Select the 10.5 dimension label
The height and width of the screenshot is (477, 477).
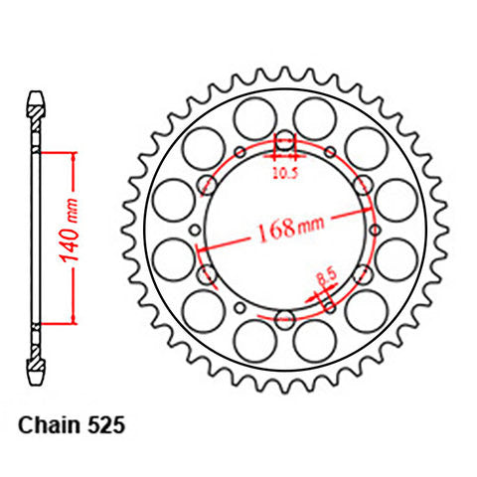coord(285,169)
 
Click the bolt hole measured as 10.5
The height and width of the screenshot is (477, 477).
coord(285,141)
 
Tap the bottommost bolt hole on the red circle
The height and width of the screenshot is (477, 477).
coord(285,318)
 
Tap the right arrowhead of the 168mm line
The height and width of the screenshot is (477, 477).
coord(371,210)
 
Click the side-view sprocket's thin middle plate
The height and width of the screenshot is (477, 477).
coord(37,238)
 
